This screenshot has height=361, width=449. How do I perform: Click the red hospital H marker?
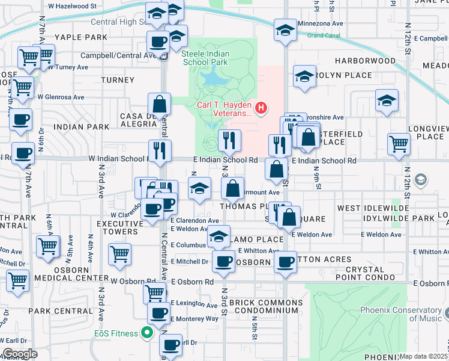pos(261,108)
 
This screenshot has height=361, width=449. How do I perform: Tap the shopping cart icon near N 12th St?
pos(399,143)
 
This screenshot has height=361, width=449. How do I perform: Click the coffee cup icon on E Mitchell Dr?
pos(224,261)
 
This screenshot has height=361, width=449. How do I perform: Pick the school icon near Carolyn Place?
pos(304,77)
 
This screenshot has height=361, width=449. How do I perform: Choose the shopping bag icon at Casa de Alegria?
pos(160,104)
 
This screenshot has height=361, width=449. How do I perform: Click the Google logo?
pos(20,354)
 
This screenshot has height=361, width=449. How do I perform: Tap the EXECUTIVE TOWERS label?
pos(120,227)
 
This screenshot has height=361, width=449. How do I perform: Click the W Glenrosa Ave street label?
pos(61,96)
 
